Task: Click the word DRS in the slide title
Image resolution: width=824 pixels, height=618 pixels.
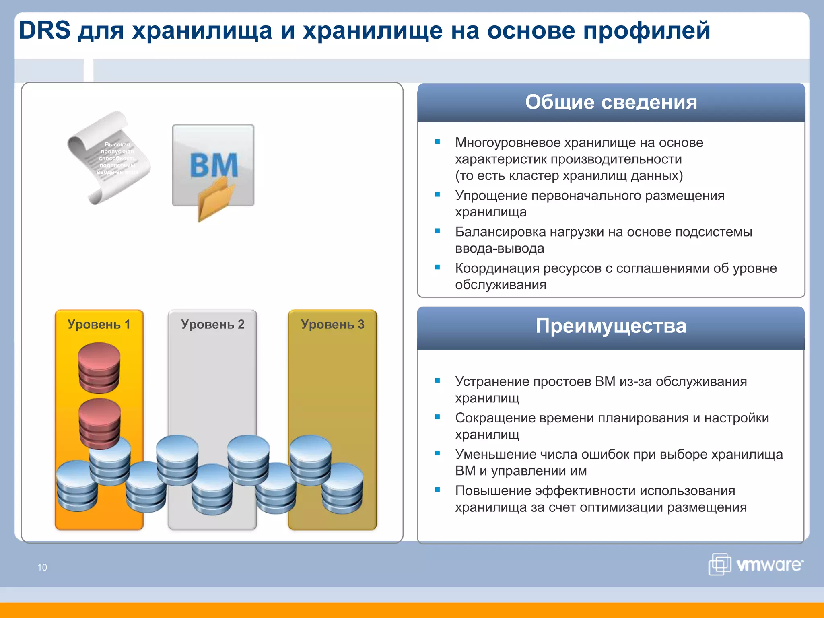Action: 45,30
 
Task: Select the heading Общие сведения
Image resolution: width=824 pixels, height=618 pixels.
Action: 611,102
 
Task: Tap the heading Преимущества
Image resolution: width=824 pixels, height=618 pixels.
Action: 611,326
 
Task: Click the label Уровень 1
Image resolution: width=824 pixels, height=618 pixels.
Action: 99,324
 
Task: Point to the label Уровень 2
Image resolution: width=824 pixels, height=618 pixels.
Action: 212,324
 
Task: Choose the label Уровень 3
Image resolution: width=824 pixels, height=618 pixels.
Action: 332,324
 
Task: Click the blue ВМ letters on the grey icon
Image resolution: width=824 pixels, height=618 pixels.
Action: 214,165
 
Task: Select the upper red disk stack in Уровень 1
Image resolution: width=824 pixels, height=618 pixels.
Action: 99,367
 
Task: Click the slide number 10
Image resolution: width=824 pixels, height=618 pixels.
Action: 42,567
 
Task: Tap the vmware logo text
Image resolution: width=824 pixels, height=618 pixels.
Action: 769,565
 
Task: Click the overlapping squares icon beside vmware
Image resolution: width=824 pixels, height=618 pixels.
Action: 720,564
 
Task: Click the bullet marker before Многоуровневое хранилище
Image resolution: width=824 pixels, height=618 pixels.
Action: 437,142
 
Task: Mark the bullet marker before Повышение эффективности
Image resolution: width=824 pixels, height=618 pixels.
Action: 437,490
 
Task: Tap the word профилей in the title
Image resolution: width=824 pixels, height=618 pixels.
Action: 647,31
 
